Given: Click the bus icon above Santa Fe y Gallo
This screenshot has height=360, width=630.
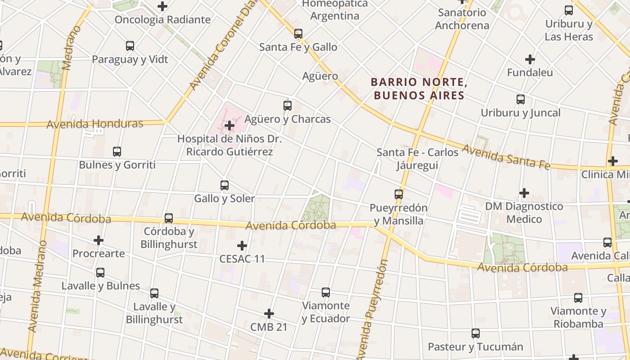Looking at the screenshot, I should click(298, 34).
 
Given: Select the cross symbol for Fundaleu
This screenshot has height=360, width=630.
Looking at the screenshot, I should click(530, 59).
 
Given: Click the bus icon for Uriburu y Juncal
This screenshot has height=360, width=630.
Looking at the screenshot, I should click(521, 99).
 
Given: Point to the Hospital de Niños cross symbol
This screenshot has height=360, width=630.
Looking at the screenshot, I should click(229, 126).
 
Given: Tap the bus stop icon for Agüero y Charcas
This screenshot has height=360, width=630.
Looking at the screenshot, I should click(288, 106).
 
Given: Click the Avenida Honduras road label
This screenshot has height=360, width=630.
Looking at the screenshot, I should click(94, 124).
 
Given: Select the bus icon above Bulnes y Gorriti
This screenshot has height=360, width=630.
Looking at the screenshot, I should click(117, 152).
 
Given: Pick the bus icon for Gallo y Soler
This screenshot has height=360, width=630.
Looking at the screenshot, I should click(224, 185).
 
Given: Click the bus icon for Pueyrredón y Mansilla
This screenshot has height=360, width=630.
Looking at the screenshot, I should click(399, 194).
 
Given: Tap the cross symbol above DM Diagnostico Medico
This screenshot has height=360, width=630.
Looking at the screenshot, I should click(524, 193).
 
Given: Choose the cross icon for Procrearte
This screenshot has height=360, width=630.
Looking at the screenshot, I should click(99, 240).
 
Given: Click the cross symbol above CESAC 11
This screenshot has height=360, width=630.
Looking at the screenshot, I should click(242, 246).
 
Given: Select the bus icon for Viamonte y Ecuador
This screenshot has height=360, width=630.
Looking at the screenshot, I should click(326, 292).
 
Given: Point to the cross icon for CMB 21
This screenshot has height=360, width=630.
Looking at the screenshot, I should click(269, 314).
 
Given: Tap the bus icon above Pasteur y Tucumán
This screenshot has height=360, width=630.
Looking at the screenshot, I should click(476, 333).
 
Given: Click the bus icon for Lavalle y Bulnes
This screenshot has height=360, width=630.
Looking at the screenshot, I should click(100, 272).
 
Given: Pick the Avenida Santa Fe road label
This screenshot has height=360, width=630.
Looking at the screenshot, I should click(506, 157).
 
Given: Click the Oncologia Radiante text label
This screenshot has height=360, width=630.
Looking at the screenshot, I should click(162, 20).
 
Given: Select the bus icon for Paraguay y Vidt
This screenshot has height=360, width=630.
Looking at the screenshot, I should click(130, 46).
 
